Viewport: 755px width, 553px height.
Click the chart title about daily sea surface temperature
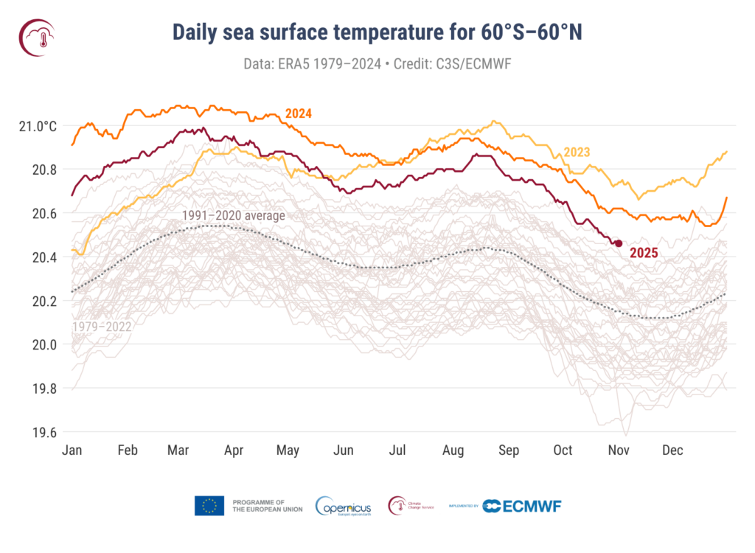click(x=377, y=32)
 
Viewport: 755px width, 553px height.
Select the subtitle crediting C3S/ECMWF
click(x=377, y=64)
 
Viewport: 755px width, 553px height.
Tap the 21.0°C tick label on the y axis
click(x=38, y=126)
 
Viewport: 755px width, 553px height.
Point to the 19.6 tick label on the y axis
click(x=43, y=432)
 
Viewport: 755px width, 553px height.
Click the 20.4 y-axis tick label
click(x=43, y=257)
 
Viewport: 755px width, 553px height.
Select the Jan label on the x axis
click(x=72, y=450)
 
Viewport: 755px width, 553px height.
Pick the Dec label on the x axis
click(x=672, y=450)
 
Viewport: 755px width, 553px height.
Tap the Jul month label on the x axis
click(x=397, y=450)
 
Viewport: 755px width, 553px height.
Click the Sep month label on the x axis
click(x=509, y=450)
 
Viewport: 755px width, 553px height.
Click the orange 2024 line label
click(x=299, y=114)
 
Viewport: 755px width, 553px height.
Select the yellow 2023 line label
click(x=577, y=153)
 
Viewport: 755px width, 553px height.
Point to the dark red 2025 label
click(x=644, y=252)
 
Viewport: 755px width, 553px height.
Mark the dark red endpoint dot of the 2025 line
click(x=619, y=243)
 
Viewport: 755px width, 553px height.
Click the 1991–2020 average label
click(x=234, y=215)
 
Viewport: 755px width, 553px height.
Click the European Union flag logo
click(x=209, y=506)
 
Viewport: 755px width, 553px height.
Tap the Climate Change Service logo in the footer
click(x=411, y=506)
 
